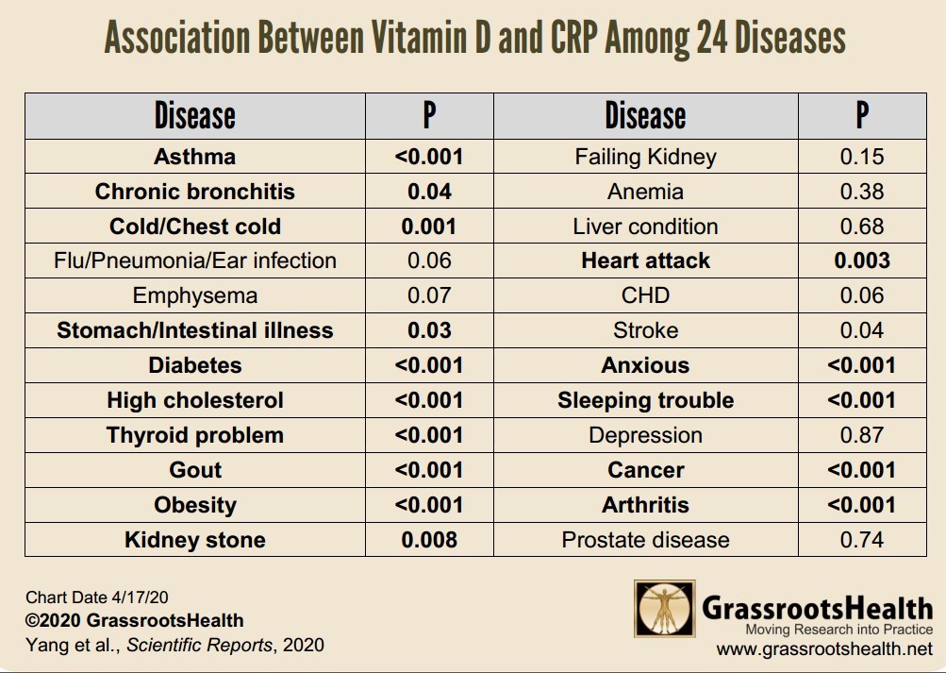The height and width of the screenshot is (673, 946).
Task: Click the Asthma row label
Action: [x=194, y=157]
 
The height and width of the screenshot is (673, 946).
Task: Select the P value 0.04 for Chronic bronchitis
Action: [x=429, y=192]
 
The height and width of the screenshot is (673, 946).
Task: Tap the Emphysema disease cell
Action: [x=194, y=295]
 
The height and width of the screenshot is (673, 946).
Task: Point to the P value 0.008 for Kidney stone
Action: [x=429, y=540]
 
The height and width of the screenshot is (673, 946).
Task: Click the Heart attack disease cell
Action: [x=645, y=261]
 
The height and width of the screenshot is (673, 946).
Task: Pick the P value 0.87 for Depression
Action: [x=862, y=435]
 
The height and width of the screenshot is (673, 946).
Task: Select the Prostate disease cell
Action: [x=645, y=540]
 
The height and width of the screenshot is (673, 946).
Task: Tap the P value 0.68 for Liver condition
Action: [x=862, y=227]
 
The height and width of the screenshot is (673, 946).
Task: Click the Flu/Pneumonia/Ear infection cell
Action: [x=194, y=261]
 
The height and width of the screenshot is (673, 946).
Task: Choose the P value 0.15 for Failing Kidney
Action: [x=862, y=157]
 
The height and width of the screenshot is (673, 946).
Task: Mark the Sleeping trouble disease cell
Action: [x=645, y=400]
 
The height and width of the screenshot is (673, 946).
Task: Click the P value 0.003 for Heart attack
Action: [x=862, y=261]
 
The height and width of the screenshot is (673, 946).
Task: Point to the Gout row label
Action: [x=194, y=470]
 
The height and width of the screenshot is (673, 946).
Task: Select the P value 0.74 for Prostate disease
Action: [x=862, y=540]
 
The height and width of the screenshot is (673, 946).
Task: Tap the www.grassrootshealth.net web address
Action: [x=823, y=649]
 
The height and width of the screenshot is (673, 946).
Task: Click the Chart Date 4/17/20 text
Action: [x=97, y=597]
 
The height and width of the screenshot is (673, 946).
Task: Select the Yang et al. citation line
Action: [x=174, y=646]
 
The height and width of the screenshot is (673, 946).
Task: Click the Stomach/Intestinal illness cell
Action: [x=194, y=330]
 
